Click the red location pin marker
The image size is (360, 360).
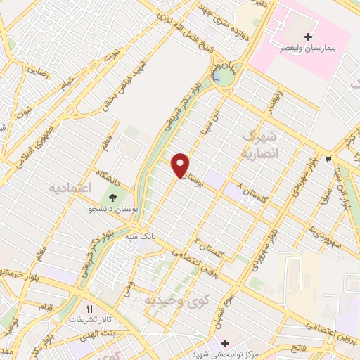pyautogui.click(x=181, y=165)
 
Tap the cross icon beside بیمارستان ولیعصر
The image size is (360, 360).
pyautogui.click(x=308, y=36)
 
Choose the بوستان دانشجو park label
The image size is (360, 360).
pyautogui.click(x=112, y=210)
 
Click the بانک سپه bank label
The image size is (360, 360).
pyautogui.click(x=141, y=238)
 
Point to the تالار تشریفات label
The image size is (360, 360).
pyautogui.click(x=88, y=319)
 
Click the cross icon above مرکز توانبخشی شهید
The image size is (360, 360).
pyautogui.click(x=224, y=343)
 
